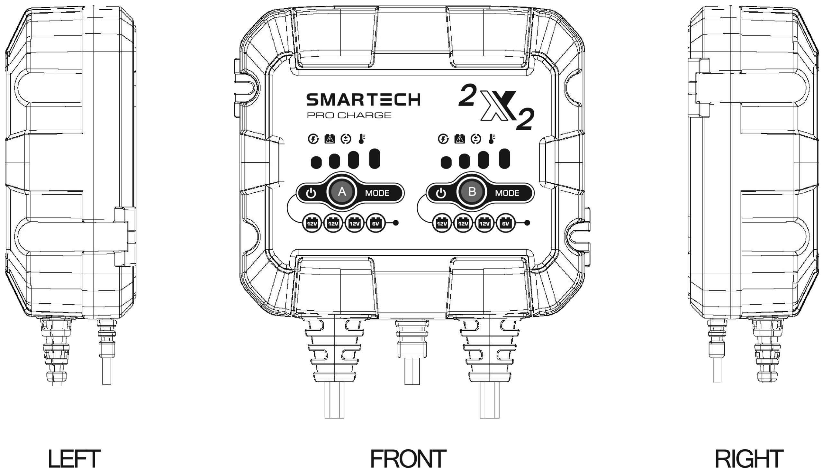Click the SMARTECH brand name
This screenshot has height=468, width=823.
click(x=363, y=100)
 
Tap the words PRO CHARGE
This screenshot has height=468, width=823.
click(x=349, y=115)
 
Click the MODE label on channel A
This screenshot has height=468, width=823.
click(x=377, y=193)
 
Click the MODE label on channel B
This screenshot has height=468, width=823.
click(x=507, y=193)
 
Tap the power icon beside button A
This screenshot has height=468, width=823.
click(x=311, y=193)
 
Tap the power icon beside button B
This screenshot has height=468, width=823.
click(x=441, y=193)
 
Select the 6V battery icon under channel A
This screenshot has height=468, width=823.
click(x=375, y=223)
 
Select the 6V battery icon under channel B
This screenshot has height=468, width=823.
click(x=505, y=223)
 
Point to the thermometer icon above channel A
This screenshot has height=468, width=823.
click(x=362, y=139)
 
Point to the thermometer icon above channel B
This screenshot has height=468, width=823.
click(x=492, y=139)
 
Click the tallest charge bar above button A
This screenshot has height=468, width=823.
click(x=375, y=159)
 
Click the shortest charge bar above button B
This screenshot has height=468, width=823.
click(x=446, y=162)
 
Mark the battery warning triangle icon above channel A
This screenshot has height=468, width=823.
click(x=330, y=139)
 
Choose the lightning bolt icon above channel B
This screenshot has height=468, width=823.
click(x=443, y=139)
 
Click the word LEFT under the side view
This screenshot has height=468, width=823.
click(x=74, y=458)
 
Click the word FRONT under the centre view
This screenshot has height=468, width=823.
click(x=408, y=458)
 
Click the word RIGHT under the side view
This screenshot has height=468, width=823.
click(x=749, y=458)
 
